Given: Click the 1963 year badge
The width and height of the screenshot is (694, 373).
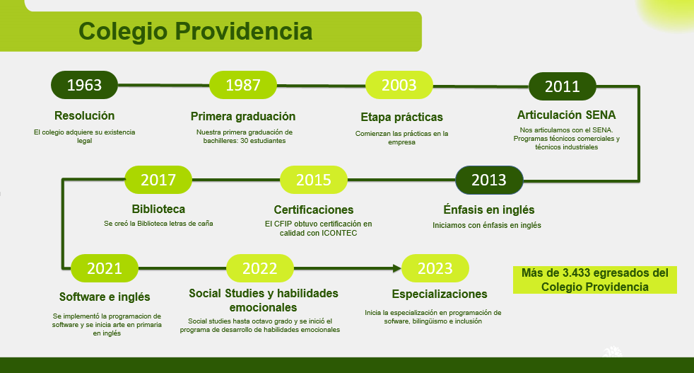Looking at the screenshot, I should [x=84, y=85].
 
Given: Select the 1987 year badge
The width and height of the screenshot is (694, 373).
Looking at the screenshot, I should [x=243, y=85].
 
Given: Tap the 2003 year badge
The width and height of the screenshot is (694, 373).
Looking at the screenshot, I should [x=399, y=85].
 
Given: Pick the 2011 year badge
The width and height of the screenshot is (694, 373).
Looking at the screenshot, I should [x=563, y=86].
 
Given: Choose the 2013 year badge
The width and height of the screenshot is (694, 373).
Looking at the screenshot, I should [x=489, y=180].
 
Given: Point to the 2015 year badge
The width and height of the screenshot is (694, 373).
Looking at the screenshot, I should [x=314, y=180].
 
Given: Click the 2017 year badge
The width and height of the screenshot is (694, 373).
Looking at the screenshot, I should [x=158, y=180].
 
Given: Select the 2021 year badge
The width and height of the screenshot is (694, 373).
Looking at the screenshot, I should [x=105, y=268].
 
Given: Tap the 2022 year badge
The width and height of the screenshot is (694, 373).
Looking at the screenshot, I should [x=260, y=268].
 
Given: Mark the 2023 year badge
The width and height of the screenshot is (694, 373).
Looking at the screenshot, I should [x=435, y=268].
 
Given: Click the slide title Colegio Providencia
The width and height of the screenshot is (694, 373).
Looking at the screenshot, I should [x=195, y=32].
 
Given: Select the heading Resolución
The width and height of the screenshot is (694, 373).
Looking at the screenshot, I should [x=84, y=115].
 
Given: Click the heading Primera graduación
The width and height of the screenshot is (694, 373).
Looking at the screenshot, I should [x=243, y=116].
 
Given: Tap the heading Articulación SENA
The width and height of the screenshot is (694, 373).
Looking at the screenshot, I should [x=566, y=115].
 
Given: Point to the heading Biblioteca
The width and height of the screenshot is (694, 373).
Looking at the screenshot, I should [x=158, y=209].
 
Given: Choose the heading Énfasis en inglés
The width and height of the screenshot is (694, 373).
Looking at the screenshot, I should [x=488, y=210].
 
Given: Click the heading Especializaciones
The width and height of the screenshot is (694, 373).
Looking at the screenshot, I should [x=440, y=294].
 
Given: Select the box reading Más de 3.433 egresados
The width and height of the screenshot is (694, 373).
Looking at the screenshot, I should [x=594, y=280].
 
